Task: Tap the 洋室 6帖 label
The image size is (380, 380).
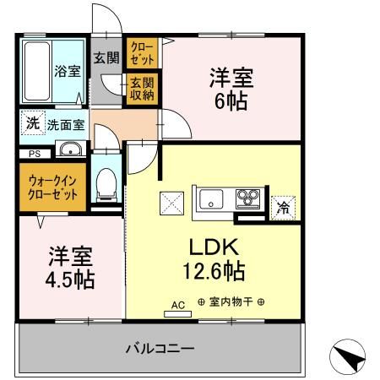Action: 231,88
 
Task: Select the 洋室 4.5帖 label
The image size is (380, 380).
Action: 70,266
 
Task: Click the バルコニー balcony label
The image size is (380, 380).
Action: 160,347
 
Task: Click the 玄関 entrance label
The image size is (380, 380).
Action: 106,59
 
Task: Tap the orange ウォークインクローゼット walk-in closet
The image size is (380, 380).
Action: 52,186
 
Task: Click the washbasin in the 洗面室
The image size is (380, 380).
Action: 68,151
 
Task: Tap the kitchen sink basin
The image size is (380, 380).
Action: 209,201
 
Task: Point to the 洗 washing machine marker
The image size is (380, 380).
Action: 32,121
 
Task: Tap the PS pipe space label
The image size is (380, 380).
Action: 35,154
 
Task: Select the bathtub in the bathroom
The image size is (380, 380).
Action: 37,70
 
